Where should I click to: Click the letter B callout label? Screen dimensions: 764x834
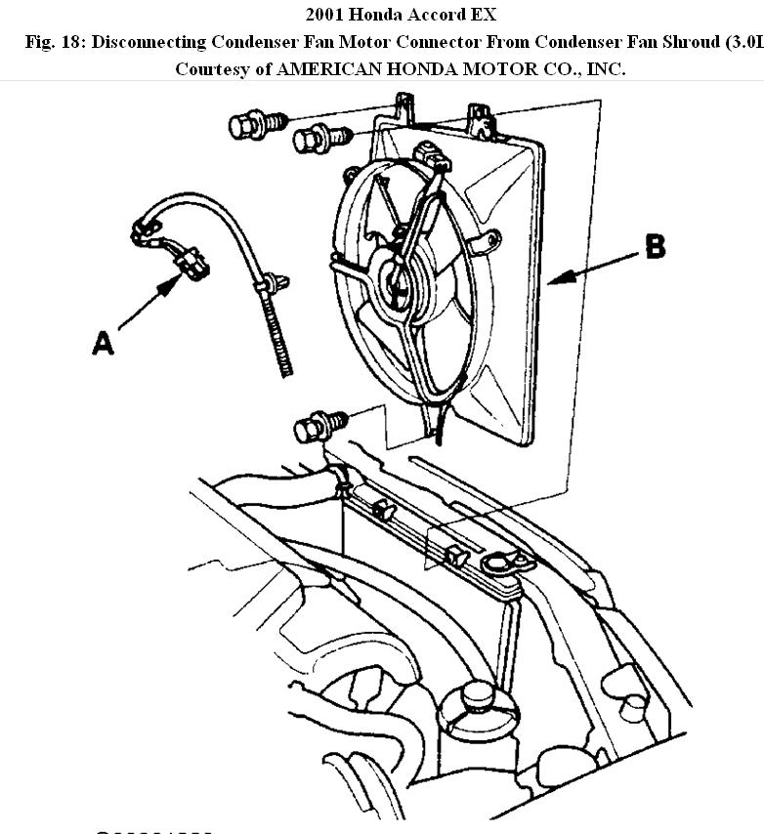(x=655, y=247)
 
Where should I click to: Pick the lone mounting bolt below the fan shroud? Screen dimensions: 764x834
(x=315, y=427)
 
